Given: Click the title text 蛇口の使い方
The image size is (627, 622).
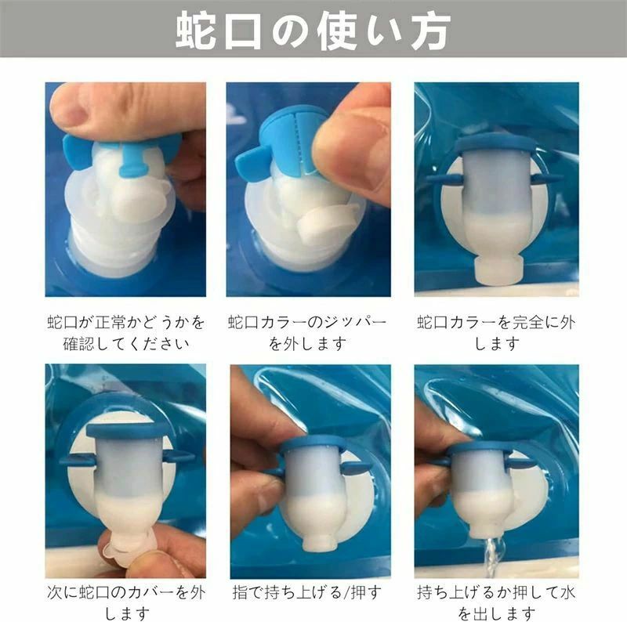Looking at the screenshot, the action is [x=313, y=31].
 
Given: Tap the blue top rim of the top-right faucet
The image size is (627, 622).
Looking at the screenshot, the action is [x=497, y=145].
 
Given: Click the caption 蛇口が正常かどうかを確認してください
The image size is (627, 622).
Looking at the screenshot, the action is [x=126, y=333].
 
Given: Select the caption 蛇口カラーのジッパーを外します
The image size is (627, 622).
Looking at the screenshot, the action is [x=307, y=333].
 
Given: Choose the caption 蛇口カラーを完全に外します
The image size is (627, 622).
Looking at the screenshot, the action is [x=497, y=333].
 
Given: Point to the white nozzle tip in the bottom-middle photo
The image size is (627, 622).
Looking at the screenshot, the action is [x=319, y=540].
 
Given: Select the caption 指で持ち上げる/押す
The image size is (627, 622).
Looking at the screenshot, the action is [x=307, y=592].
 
